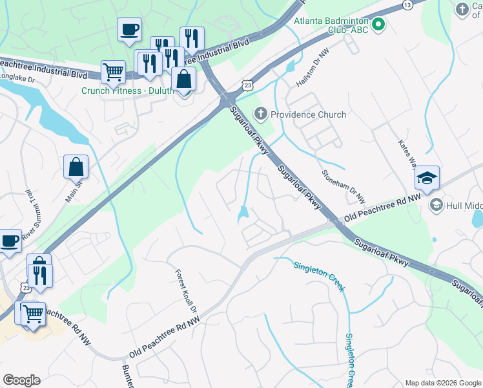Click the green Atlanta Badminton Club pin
tap(379, 26)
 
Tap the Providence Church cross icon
tap(261, 114)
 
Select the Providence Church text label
tap(308, 114)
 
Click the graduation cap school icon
tap(427, 178)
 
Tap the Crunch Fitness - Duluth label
tap(128, 91)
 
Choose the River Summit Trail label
tap(28, 216)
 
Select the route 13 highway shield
tap(407, 5)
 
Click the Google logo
tap(21, 380)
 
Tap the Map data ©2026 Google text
tap(443, 383)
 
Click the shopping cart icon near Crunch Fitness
tap(113, 72)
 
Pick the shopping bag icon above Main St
tap(76, 166)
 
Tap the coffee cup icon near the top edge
tap(129, 28)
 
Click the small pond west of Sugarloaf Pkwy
tap(243, 213)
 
